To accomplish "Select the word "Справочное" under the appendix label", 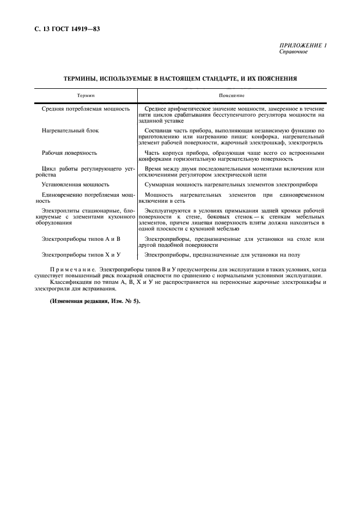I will point(294,52).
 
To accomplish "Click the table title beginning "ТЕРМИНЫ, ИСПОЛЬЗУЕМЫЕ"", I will point(180,78).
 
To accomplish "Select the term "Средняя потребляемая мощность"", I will point(86,109).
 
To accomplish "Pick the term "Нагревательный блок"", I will point(70,131).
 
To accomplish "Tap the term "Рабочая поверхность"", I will point(69,153).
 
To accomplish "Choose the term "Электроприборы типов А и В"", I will point(80,239).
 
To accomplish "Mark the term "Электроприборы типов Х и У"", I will point(80,254).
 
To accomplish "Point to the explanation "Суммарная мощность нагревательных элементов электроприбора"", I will point(231,185).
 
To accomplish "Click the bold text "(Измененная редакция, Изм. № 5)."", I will point(95,301).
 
